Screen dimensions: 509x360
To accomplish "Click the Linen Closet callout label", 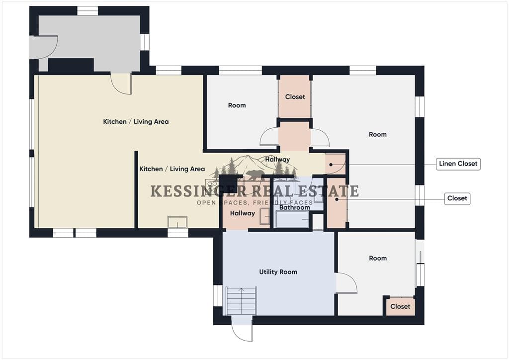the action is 458,164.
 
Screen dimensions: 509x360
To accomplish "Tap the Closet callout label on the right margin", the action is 457,198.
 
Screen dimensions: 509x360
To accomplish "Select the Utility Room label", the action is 278,272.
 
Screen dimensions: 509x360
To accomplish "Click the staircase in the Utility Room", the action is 241,301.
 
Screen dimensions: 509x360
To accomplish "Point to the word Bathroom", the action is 294,207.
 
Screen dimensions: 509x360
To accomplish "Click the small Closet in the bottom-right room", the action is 400,306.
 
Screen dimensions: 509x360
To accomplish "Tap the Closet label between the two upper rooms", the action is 295,97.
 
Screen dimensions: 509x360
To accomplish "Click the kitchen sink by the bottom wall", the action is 177,222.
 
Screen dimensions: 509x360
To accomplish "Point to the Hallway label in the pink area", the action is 243,213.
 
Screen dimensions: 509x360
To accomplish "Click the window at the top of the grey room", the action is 87,11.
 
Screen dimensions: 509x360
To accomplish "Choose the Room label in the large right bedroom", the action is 378,134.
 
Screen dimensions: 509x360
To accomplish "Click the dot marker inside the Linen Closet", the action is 331,165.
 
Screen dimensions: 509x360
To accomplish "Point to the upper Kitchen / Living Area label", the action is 136,122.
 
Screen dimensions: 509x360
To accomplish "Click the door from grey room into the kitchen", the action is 121,84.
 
